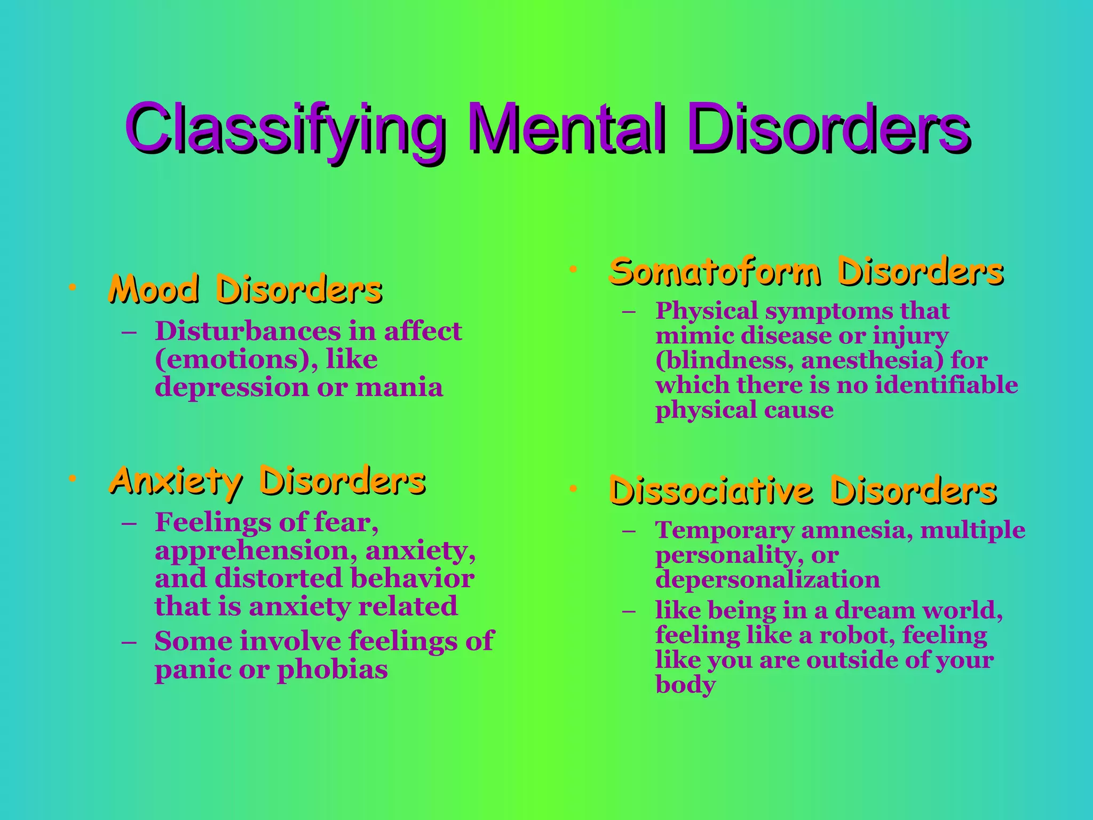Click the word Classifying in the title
[x=285, y=129]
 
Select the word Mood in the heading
[x=154, y=290]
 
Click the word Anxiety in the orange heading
[x=176, y=481]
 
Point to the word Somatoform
[x=715, y=272]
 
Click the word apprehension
[x=256, y=550]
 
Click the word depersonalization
[x=767, y=579]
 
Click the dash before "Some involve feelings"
[x=129, y=641]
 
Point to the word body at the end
[x=685, y=685]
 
